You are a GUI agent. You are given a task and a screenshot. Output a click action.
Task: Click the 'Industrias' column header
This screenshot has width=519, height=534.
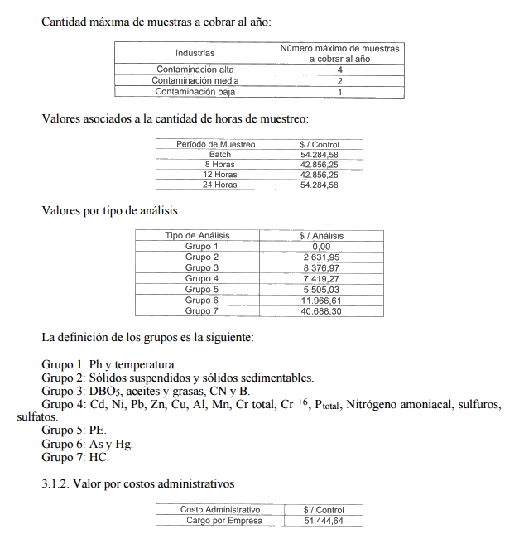195,54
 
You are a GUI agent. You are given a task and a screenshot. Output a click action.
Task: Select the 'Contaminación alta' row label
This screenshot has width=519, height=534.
195,70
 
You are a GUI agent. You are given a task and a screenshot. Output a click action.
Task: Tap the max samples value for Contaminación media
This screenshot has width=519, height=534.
339,81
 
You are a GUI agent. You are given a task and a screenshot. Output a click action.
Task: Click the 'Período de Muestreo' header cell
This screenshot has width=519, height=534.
215,144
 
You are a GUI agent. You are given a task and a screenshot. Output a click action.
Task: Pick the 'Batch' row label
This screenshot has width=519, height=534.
219,154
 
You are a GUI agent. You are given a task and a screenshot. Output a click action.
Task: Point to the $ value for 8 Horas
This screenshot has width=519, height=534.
319,164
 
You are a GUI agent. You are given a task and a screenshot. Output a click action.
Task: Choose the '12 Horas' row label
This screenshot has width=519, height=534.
220,175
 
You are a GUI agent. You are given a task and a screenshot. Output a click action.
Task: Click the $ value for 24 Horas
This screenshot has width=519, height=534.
319,185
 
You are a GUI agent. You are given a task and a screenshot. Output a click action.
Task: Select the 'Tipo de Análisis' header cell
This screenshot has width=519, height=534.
197,236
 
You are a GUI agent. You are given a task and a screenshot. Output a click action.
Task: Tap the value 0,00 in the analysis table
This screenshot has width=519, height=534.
321,247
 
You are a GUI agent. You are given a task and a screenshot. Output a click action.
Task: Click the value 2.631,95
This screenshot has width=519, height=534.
321,257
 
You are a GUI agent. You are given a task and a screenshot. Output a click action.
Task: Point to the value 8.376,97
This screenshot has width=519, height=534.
321,268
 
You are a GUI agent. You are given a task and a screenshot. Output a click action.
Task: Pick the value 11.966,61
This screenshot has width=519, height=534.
321,301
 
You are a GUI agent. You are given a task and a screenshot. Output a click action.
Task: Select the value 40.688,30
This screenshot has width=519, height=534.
321,311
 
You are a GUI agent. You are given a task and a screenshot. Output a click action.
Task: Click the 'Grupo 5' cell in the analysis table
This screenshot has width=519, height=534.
201,290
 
